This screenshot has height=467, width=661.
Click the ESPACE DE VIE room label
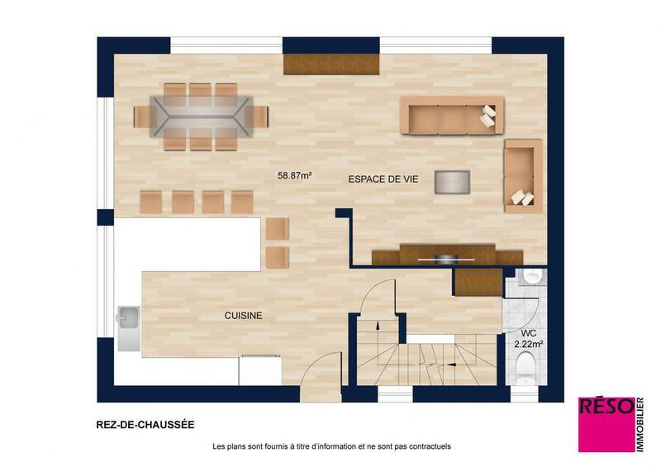(383, 179)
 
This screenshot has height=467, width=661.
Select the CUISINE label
(244, 315)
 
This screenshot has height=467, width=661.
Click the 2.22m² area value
(528, 343)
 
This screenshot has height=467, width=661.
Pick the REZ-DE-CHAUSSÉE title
(145, 425)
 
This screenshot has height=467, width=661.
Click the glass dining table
(202, 116)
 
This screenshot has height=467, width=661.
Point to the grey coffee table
(453, 181)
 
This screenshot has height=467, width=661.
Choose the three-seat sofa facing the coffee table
(451, 116)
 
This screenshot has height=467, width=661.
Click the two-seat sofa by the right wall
(522, 175)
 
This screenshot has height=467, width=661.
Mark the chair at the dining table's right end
(261, 116)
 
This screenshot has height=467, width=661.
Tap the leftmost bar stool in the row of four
(150, 202)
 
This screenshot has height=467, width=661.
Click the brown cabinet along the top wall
(331, 65)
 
